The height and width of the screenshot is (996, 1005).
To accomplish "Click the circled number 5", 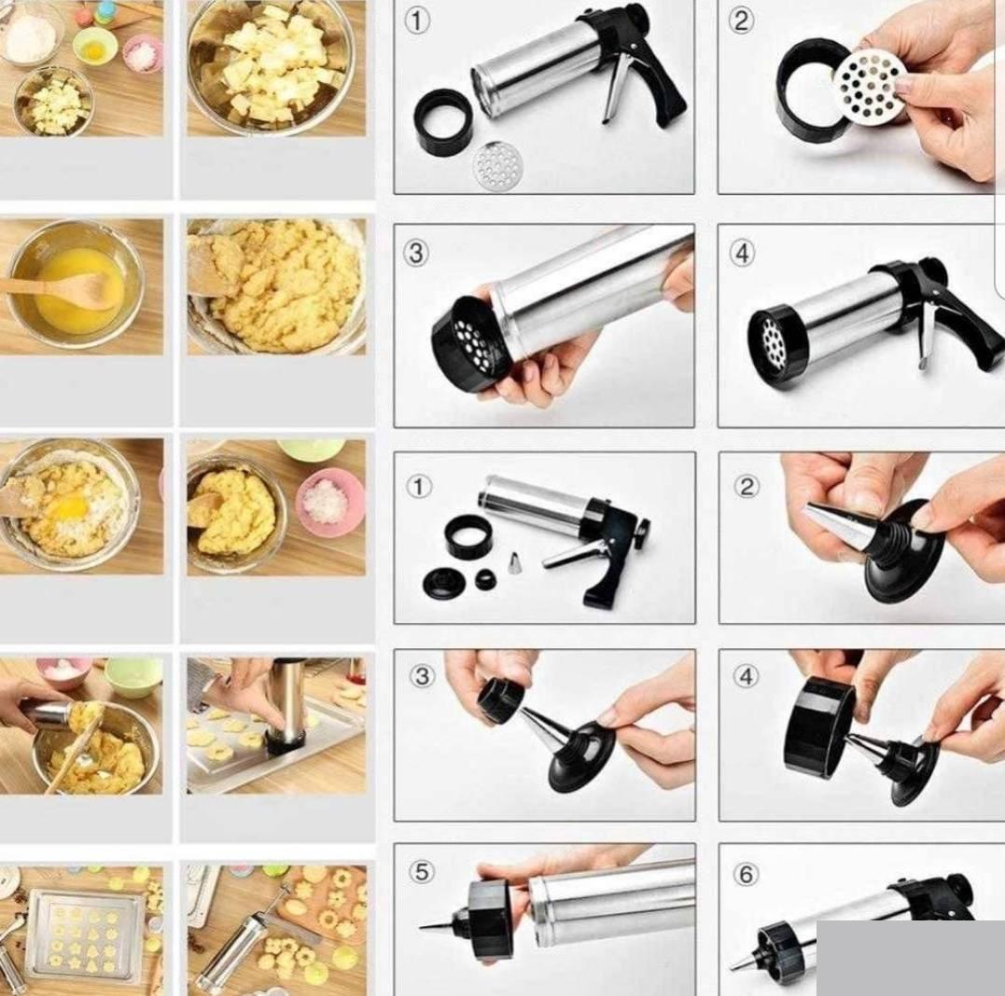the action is point(421,872).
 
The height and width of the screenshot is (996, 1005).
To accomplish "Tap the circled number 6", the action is point(746,874).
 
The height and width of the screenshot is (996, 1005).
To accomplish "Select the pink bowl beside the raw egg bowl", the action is point(142,54).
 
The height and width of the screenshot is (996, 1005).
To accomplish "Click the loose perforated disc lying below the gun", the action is point(497,166).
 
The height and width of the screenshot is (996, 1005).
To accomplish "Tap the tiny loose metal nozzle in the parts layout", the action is point(513,563).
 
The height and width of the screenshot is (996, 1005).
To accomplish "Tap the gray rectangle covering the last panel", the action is point(911,958).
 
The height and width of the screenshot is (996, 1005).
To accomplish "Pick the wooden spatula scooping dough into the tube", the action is point(75,750).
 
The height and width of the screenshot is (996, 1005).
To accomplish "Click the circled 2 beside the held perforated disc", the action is point(740,21).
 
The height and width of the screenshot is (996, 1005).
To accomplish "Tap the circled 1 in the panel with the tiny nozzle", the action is point(419,487).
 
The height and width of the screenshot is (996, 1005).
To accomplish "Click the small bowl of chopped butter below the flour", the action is point(54,102).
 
